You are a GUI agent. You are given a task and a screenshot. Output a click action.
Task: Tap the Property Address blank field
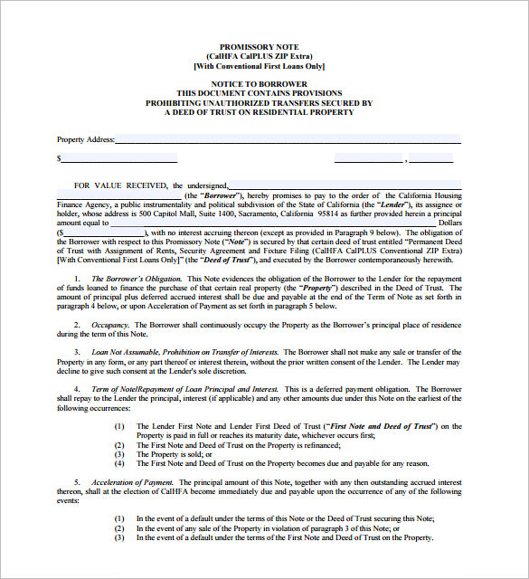[x=288, y=140]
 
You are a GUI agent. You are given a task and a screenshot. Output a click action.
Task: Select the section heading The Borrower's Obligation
[x=137, y=278]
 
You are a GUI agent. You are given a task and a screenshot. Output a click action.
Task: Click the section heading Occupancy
[x=110, y=324]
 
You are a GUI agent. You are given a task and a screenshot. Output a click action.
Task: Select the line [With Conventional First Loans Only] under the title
[x=259, y=66]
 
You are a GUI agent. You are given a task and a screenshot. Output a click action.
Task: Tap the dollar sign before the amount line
[x=59, y=159]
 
